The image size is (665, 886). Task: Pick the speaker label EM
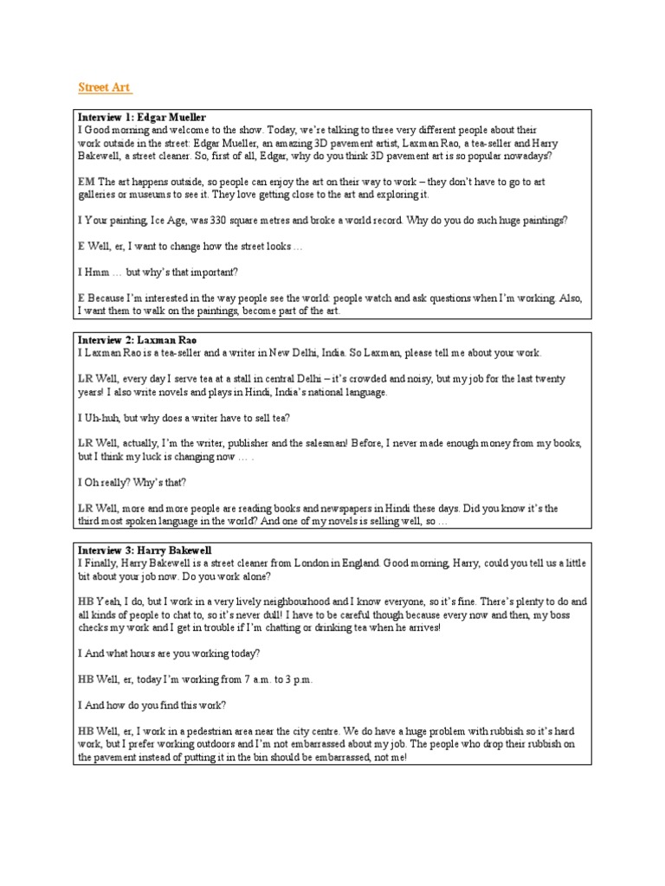87,182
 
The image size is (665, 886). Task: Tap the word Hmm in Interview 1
97,273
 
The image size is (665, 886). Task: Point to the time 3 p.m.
295,679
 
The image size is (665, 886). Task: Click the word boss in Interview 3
573,614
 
